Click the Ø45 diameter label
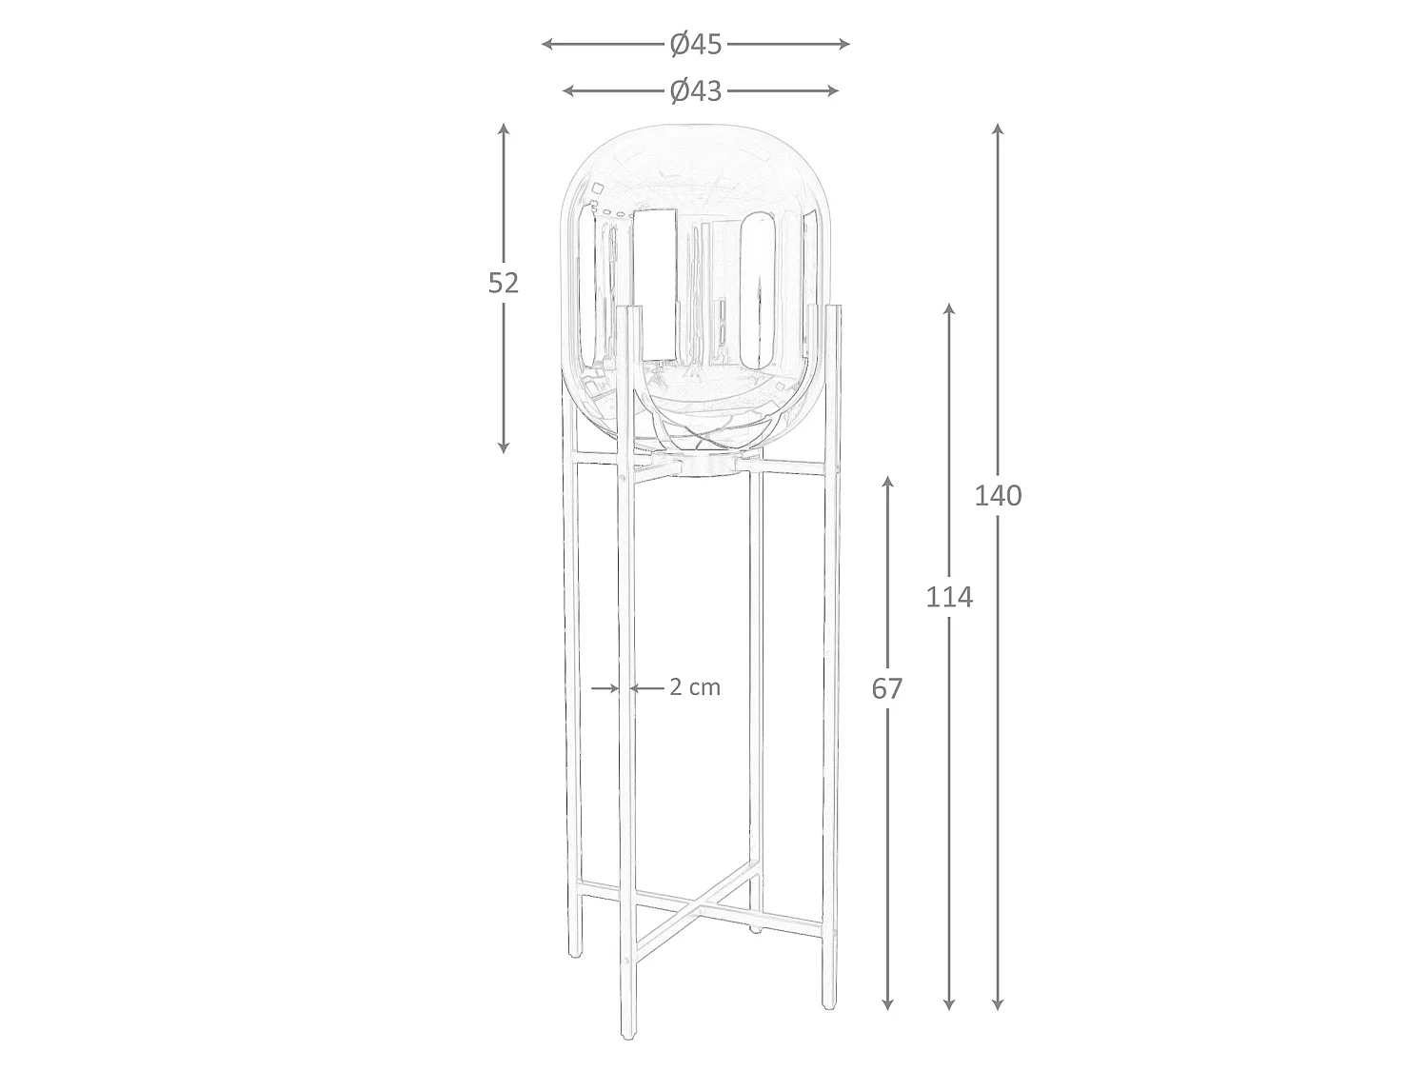point(696,44)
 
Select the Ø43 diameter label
point(696,91)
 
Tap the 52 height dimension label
point(503,283)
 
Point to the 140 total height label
point(998,496)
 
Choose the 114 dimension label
point(949,597)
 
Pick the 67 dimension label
point(887,689)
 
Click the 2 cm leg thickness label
point(695,687)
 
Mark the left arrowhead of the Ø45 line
point(547,44)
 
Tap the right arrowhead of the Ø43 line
point(832,91)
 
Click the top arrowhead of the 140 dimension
point(998,129)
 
